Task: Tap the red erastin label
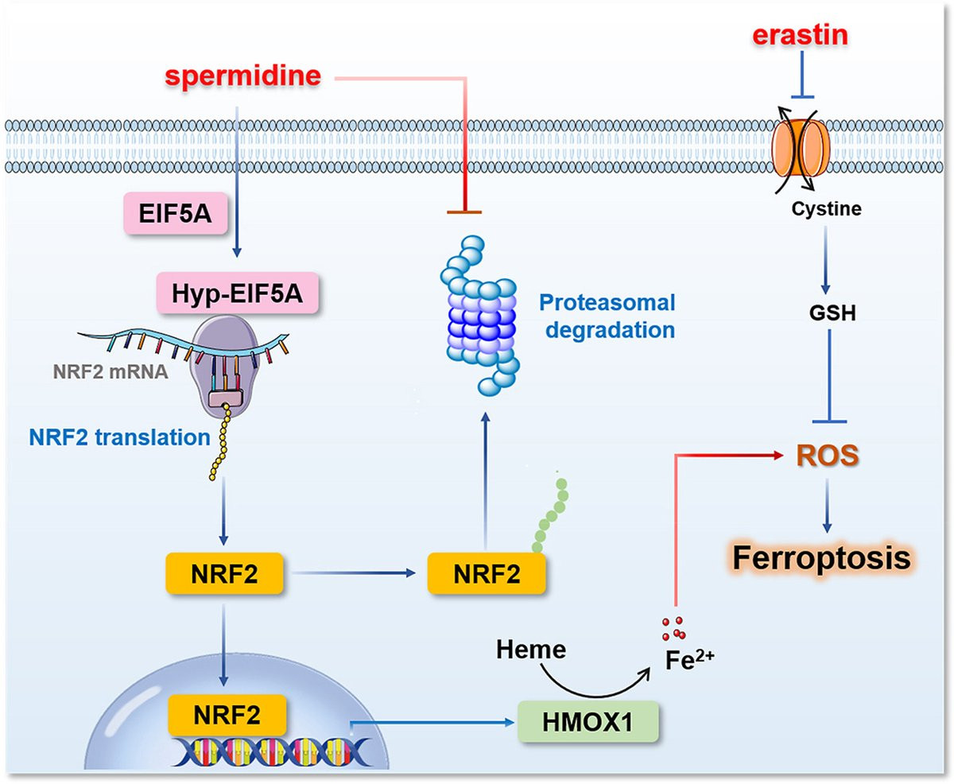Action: pos(801,34)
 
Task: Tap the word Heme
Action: pos(531,650)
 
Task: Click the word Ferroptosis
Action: pos(820,557)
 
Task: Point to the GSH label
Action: pos(828,313)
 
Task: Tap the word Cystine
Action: pos(826,210)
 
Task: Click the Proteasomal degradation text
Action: pos(606,316)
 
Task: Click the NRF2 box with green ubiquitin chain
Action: pos(486,573)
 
